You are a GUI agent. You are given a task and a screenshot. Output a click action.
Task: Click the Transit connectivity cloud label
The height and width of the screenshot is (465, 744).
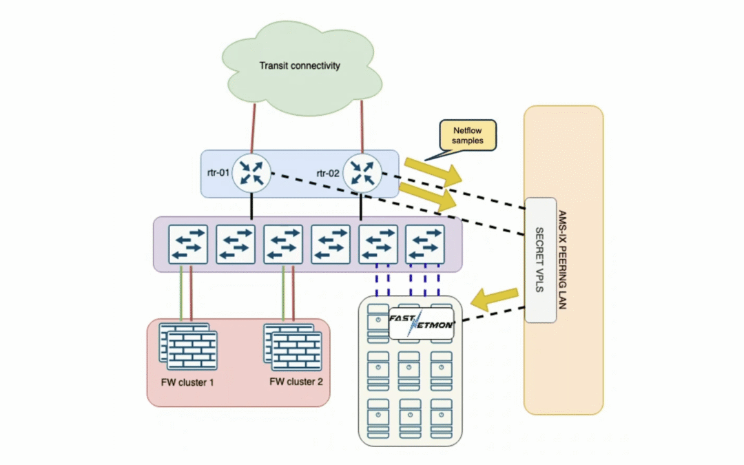pyautogui.click(x=300, y=66)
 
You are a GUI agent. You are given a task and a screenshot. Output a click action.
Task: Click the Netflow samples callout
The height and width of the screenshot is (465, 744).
pyautogui.click(x=468, y=135)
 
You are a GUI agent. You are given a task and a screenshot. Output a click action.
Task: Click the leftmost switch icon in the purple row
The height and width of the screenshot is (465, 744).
pyautogui.click(x=188, y=243)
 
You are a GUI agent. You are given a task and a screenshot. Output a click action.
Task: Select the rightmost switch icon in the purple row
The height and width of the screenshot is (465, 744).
pyautogui.click(x=424, y=243)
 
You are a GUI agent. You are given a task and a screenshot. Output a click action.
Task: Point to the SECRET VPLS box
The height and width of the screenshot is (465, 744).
pyautogui.click(x=540, y=260)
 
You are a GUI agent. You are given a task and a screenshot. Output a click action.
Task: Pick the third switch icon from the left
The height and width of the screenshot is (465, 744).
pyautogui.click(x=282, y=243)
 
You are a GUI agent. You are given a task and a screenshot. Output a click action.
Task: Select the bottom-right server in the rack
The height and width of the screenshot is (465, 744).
pyautogui.click(x=440, y=419)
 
